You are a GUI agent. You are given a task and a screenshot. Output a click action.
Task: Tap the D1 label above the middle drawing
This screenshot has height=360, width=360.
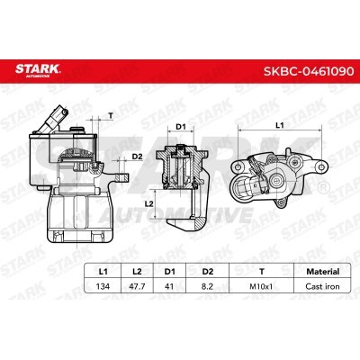pyautogui.click(x=179, y=127)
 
